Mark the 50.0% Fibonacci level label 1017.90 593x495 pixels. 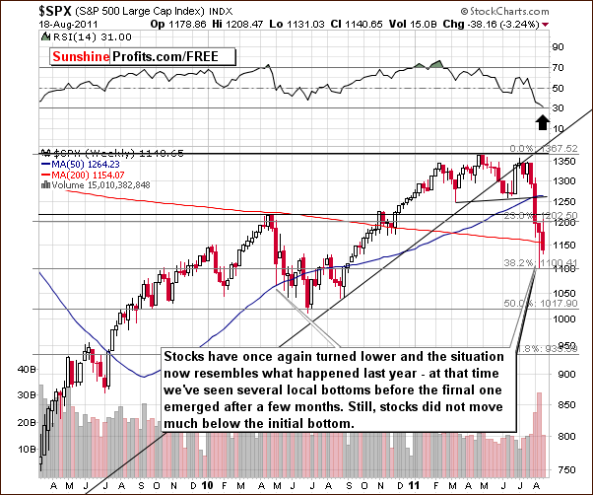522,305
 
